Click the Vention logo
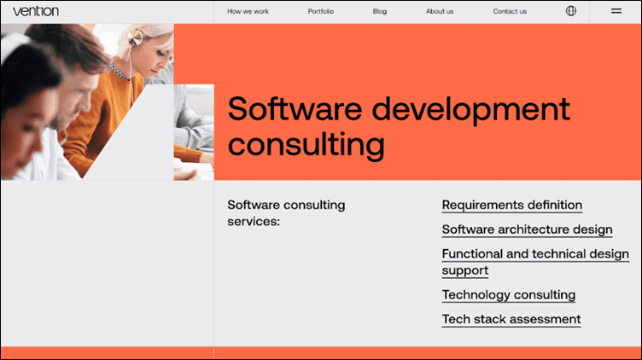click(36, 11)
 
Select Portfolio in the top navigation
click(321, 12)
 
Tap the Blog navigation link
click(380, 12)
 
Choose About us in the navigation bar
click(440, 12)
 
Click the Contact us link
click(510, 12)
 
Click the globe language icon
click(571, 11)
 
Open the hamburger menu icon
click(616, 11)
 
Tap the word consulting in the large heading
click(306, 144)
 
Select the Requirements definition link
click(512, 205)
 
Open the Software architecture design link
click(527, 229)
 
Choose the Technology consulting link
click(509, 294)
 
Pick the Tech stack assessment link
click(511, 319)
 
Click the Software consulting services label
click(286, 212)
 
